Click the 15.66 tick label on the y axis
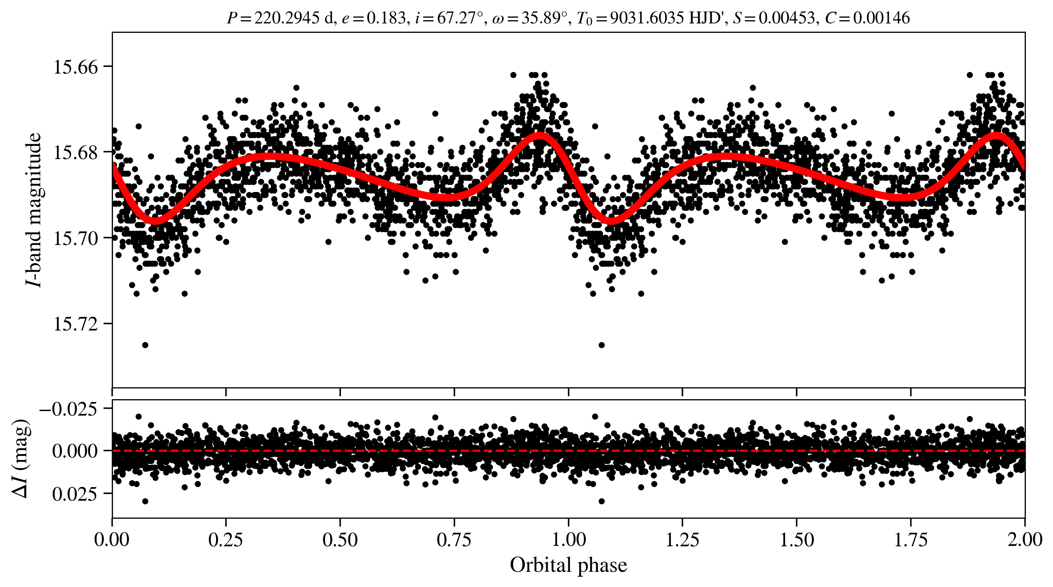(x=76, y=67)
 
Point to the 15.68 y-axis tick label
(x=76, y=152)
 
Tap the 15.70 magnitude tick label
(x=76, y=238)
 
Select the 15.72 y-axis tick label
(x=76, y=324)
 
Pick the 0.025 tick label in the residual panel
(x=75, y=494)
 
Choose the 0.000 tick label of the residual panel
(x=75, y=451)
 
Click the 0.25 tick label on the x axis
(x=226, y=540)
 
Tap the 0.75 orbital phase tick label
(x=454, y=540)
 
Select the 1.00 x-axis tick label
(x=568, y=540)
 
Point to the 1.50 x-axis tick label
(x=797, y=540)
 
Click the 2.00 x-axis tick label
(x=1025, y=540)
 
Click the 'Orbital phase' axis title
(x=568, y=565)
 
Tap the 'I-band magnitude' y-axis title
(x=34, y=210)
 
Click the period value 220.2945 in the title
(x=287, y=18)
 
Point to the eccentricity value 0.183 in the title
(x=386, y=18)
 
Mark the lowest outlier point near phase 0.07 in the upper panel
(x=145, y=345)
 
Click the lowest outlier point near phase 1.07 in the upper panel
(x=601, y=345)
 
